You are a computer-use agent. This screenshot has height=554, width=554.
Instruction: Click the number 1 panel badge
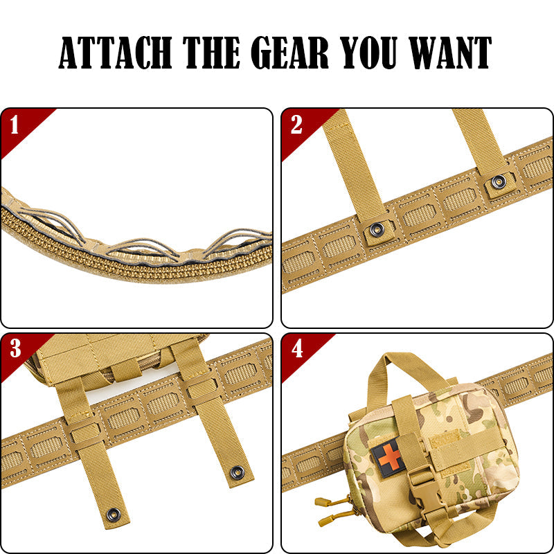click(15, 126)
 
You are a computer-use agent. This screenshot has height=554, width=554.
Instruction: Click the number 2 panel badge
click(296, 126)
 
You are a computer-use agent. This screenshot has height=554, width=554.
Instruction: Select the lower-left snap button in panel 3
click(113, 515)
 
